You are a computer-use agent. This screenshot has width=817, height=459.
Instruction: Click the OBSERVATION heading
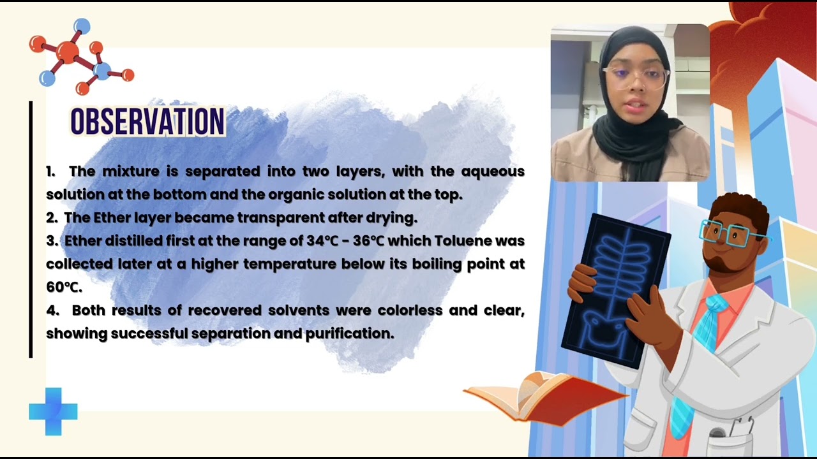[147, 121]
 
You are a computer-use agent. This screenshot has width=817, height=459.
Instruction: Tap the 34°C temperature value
[322, 241]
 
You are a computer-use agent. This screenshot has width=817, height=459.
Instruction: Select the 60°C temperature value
[63, 287]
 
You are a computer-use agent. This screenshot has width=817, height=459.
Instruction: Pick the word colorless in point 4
[410, 310]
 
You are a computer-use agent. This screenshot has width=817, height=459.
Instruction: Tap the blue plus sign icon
[53, 412]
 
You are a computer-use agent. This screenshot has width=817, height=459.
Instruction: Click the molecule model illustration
[80, 56]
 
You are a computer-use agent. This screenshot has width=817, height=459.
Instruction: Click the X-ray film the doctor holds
[616, 287]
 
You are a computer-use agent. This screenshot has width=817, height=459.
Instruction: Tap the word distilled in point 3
[133, 241]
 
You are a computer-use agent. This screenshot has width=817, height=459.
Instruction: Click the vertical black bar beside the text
[31, 229]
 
